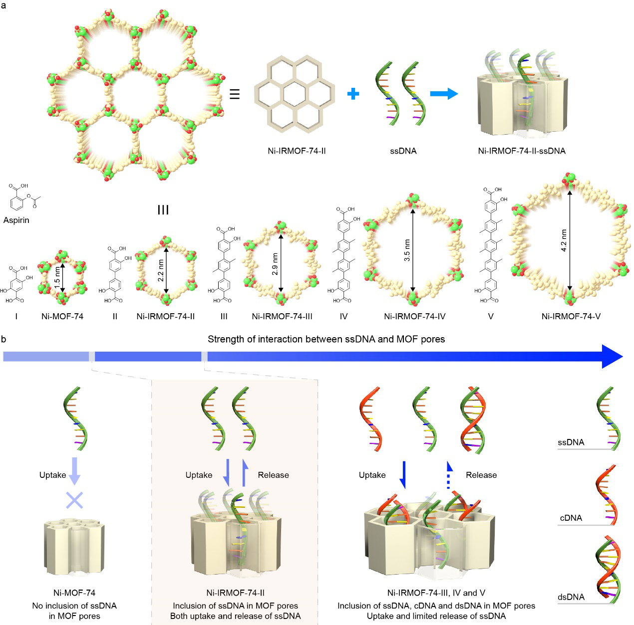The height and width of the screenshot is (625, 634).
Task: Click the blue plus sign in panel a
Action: point(353,93)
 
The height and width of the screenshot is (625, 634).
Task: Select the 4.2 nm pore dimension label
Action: point(564,240)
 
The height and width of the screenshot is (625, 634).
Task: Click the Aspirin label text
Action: point(16,220)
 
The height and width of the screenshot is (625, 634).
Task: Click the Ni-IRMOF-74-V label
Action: point(571,316)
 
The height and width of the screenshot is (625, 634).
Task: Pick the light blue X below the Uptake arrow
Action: point(74,500)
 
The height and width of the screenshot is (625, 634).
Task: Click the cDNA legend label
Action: point(571,518)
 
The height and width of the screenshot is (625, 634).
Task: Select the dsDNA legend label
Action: point(571,597)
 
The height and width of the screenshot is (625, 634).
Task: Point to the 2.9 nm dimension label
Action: point(275,264)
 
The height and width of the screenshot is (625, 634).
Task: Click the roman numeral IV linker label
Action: point(343,316)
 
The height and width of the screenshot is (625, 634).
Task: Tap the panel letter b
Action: point(4,339)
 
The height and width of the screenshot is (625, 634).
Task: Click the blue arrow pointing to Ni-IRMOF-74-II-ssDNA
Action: point(444,93)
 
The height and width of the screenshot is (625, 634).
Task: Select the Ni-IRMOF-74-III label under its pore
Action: point(282,316)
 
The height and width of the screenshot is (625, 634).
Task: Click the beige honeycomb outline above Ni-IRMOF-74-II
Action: point(294,94)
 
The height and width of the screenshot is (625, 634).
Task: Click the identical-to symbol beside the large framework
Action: point(235,94)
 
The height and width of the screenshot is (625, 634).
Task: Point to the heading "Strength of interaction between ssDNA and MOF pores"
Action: point(326,339)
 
